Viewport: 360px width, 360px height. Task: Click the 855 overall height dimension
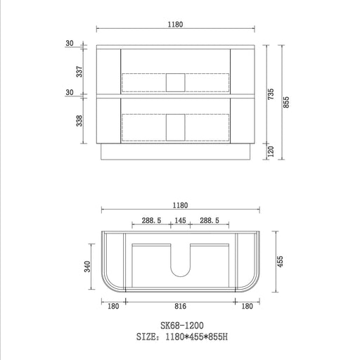[x=286, y=102]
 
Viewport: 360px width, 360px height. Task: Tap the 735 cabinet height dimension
[x=271, y=94]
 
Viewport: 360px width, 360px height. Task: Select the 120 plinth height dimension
[x=271, y=151]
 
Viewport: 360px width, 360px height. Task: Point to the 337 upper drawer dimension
[x=79, y=72]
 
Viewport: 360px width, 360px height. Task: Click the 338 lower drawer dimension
[x=79, y=121]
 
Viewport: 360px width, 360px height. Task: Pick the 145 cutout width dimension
[x=180, y=220]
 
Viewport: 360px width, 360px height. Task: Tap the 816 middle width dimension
[x=180, y=306]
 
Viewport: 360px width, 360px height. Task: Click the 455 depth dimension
[x=280, y=262]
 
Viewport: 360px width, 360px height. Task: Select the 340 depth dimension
[x=87, y=266]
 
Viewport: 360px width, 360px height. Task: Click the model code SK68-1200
[x=182, y=326]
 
